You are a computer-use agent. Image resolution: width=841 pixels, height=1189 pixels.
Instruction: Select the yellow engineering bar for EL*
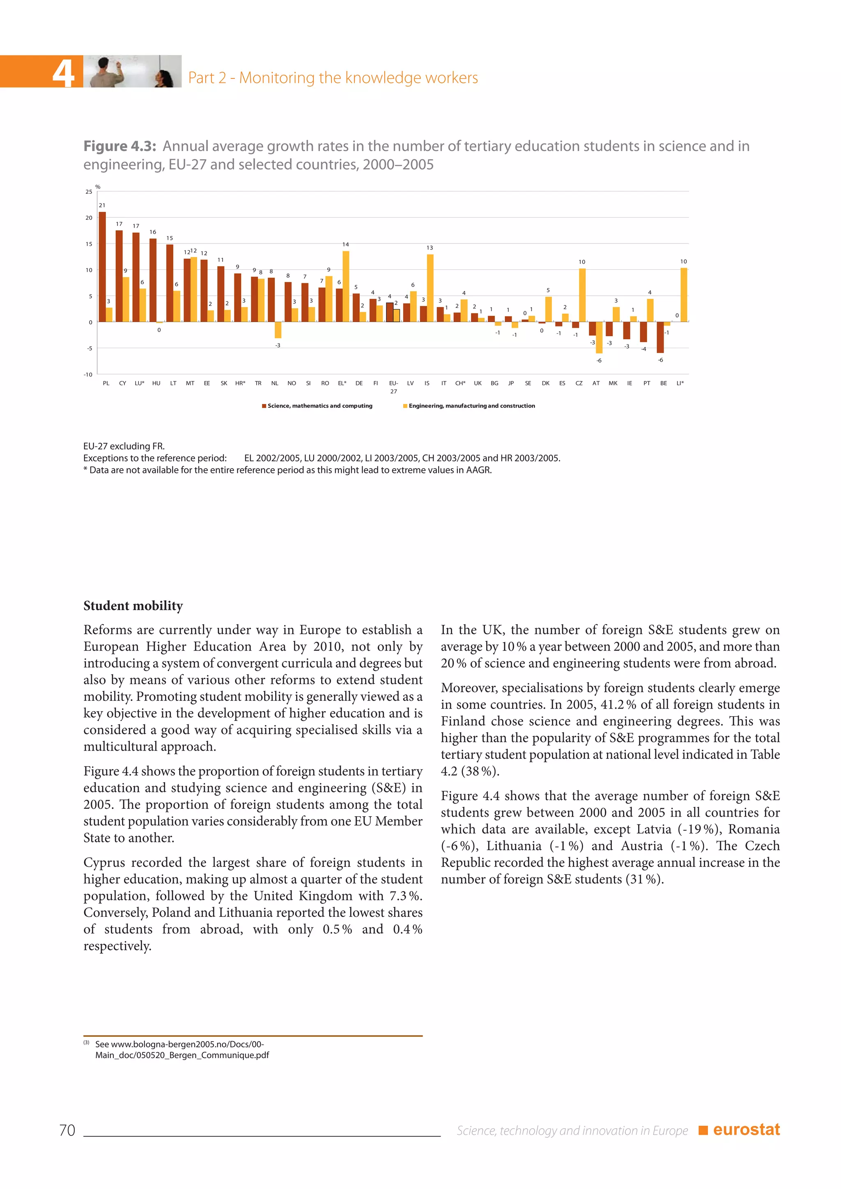click(346, 287)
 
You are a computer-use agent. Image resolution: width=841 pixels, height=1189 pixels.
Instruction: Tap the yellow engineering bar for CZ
click(582, 295)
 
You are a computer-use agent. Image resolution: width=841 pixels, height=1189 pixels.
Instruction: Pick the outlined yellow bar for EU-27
click(396, 315)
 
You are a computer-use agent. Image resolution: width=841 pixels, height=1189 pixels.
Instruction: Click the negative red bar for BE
click(660, 337)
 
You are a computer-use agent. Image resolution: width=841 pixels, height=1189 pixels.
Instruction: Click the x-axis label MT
click(190, 383)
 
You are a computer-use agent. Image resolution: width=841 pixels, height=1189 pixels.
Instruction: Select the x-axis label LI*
click(680, 383)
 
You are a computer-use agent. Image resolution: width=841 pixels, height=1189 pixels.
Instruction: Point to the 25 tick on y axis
click(89, 192)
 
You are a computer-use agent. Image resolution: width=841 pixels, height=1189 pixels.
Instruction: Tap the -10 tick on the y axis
click(88, 374)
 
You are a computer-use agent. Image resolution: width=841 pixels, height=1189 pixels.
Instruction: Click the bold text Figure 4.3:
click(119, 147)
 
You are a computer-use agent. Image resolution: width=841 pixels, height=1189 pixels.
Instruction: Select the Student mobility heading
click(133, 606)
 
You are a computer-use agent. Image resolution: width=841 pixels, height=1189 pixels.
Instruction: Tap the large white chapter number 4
click(63, 73)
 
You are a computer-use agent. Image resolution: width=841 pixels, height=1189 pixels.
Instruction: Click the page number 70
click(67, 1130)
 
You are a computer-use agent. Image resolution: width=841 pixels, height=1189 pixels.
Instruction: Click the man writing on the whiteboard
click(106, 72)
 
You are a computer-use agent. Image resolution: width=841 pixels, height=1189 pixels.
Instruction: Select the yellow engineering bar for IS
click(430, 288)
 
